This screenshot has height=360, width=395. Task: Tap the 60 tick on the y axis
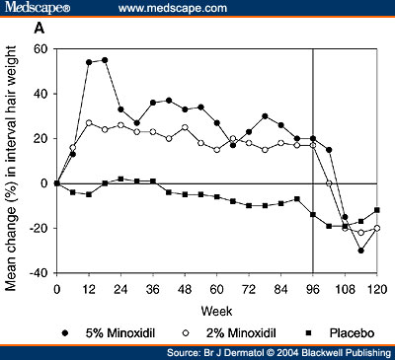tap(42, 47)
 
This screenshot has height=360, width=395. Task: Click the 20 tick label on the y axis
tap(42, 138)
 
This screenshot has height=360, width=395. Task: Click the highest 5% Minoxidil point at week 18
tap(105, 60)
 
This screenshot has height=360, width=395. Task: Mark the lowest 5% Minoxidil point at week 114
tap(361, 251)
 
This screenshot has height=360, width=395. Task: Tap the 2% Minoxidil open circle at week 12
tap(89, 123)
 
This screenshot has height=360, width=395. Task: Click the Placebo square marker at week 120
tap(377, 210)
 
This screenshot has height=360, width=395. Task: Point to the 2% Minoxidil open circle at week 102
tap(330, 183)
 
